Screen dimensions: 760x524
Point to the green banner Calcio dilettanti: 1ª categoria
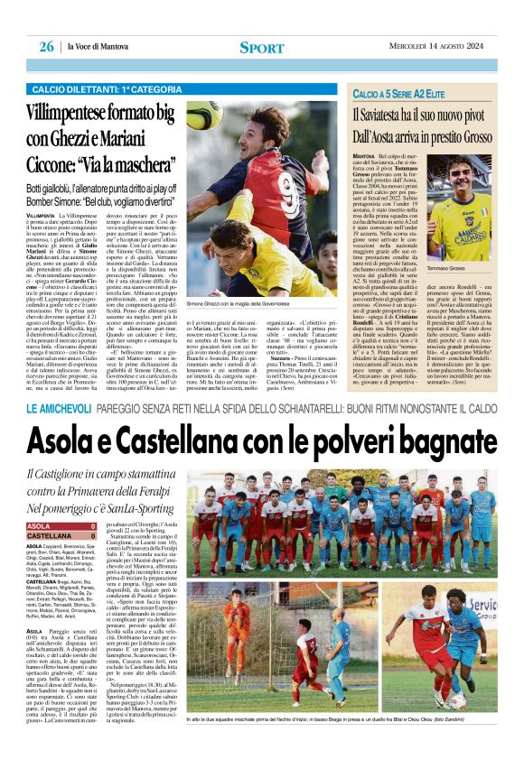tap(99, 89)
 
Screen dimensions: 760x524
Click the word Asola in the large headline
tap(76, 442)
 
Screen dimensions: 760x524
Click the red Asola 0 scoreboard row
tap(62, 525)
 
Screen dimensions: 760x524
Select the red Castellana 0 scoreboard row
tap(62, 536)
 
